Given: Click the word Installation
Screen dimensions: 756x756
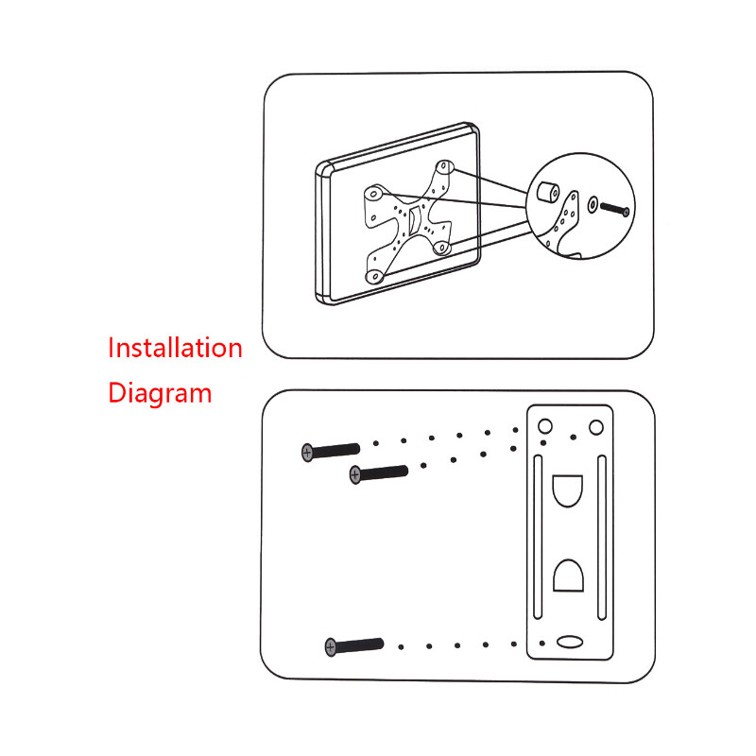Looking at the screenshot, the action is (x=175, y=348).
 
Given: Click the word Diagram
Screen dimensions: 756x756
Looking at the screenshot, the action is (x=160, y=393).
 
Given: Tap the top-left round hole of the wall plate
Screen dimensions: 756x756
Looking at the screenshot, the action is (x=545, y=426).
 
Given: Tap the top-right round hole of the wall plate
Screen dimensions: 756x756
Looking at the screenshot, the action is (x=596, y=427).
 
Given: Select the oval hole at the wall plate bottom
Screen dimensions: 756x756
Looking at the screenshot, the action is (x=570, y=642).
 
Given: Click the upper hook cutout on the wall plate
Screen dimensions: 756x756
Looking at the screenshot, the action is (x=568, y=490).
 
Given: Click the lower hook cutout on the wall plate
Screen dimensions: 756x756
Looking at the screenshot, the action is (x=568, y=576).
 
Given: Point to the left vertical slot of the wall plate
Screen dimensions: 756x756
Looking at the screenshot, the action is (x=538, y=537).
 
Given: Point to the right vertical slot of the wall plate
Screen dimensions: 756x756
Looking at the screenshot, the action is (x=602, y=537).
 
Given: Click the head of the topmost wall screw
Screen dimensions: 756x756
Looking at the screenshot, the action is (x=307, y=453).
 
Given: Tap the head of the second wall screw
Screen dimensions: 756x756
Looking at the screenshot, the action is (x=355, y=475).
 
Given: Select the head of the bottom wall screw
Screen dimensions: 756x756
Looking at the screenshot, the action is (x=330, y=647).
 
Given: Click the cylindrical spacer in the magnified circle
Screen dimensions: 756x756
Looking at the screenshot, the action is (x=548, y=193).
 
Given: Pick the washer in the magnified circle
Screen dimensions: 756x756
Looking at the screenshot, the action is (x=593, y=204).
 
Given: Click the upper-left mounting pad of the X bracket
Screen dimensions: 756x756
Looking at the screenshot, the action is (x=373, y=194).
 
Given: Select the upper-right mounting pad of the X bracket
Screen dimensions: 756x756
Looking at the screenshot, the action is (x=444, y=167).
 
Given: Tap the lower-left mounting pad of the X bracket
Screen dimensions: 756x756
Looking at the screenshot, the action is (x=374, y=277).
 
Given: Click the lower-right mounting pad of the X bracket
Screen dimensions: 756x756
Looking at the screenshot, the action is (x=441, y=248).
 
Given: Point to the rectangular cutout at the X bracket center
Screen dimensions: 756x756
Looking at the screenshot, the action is (x=414, y=221).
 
